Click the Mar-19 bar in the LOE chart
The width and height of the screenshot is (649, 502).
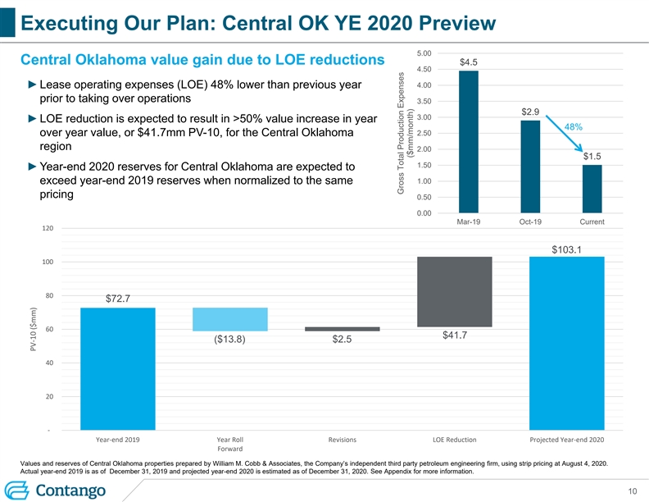pyautogui.click(x=469, y=142)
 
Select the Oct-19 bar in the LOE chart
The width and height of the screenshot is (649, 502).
pyautogui.click(x=530, y=167)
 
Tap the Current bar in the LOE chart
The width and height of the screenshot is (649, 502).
pyautogui.click(x=592, y=189)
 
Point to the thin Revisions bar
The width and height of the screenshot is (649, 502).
pyautogui.click(x=342, y=329)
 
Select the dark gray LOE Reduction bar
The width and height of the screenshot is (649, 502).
pyautogui.click(x=454, y=292)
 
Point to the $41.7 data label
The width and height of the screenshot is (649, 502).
pyautogui.click(x=455, y=335)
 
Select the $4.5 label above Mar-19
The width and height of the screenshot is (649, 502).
pyautogui.click(x=469, y=62)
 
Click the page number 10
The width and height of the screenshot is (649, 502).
pyautogui.click(x=631, y=491)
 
